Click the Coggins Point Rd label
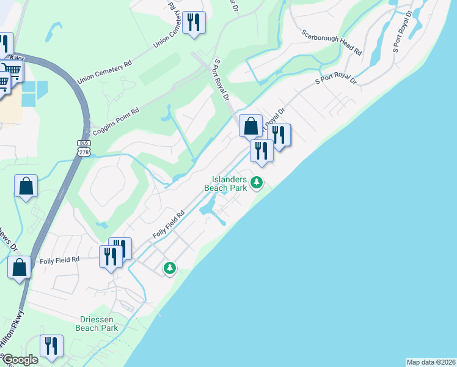click(115, 121)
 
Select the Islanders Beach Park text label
click(229, 183)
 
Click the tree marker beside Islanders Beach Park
click(257, 182)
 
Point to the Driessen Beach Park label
click(99, 324)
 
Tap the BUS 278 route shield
click(84, 147)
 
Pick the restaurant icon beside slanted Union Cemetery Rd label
click(194, 23)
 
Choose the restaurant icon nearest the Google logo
click(52, 346)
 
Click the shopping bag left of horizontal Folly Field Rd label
click(20, 267)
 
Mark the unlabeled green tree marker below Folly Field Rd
click(169, 267)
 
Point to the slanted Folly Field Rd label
click(168, 224)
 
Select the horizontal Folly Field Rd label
click(60, 260)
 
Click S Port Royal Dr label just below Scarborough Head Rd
click(335, 81)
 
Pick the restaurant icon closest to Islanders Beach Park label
click(261, 150)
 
